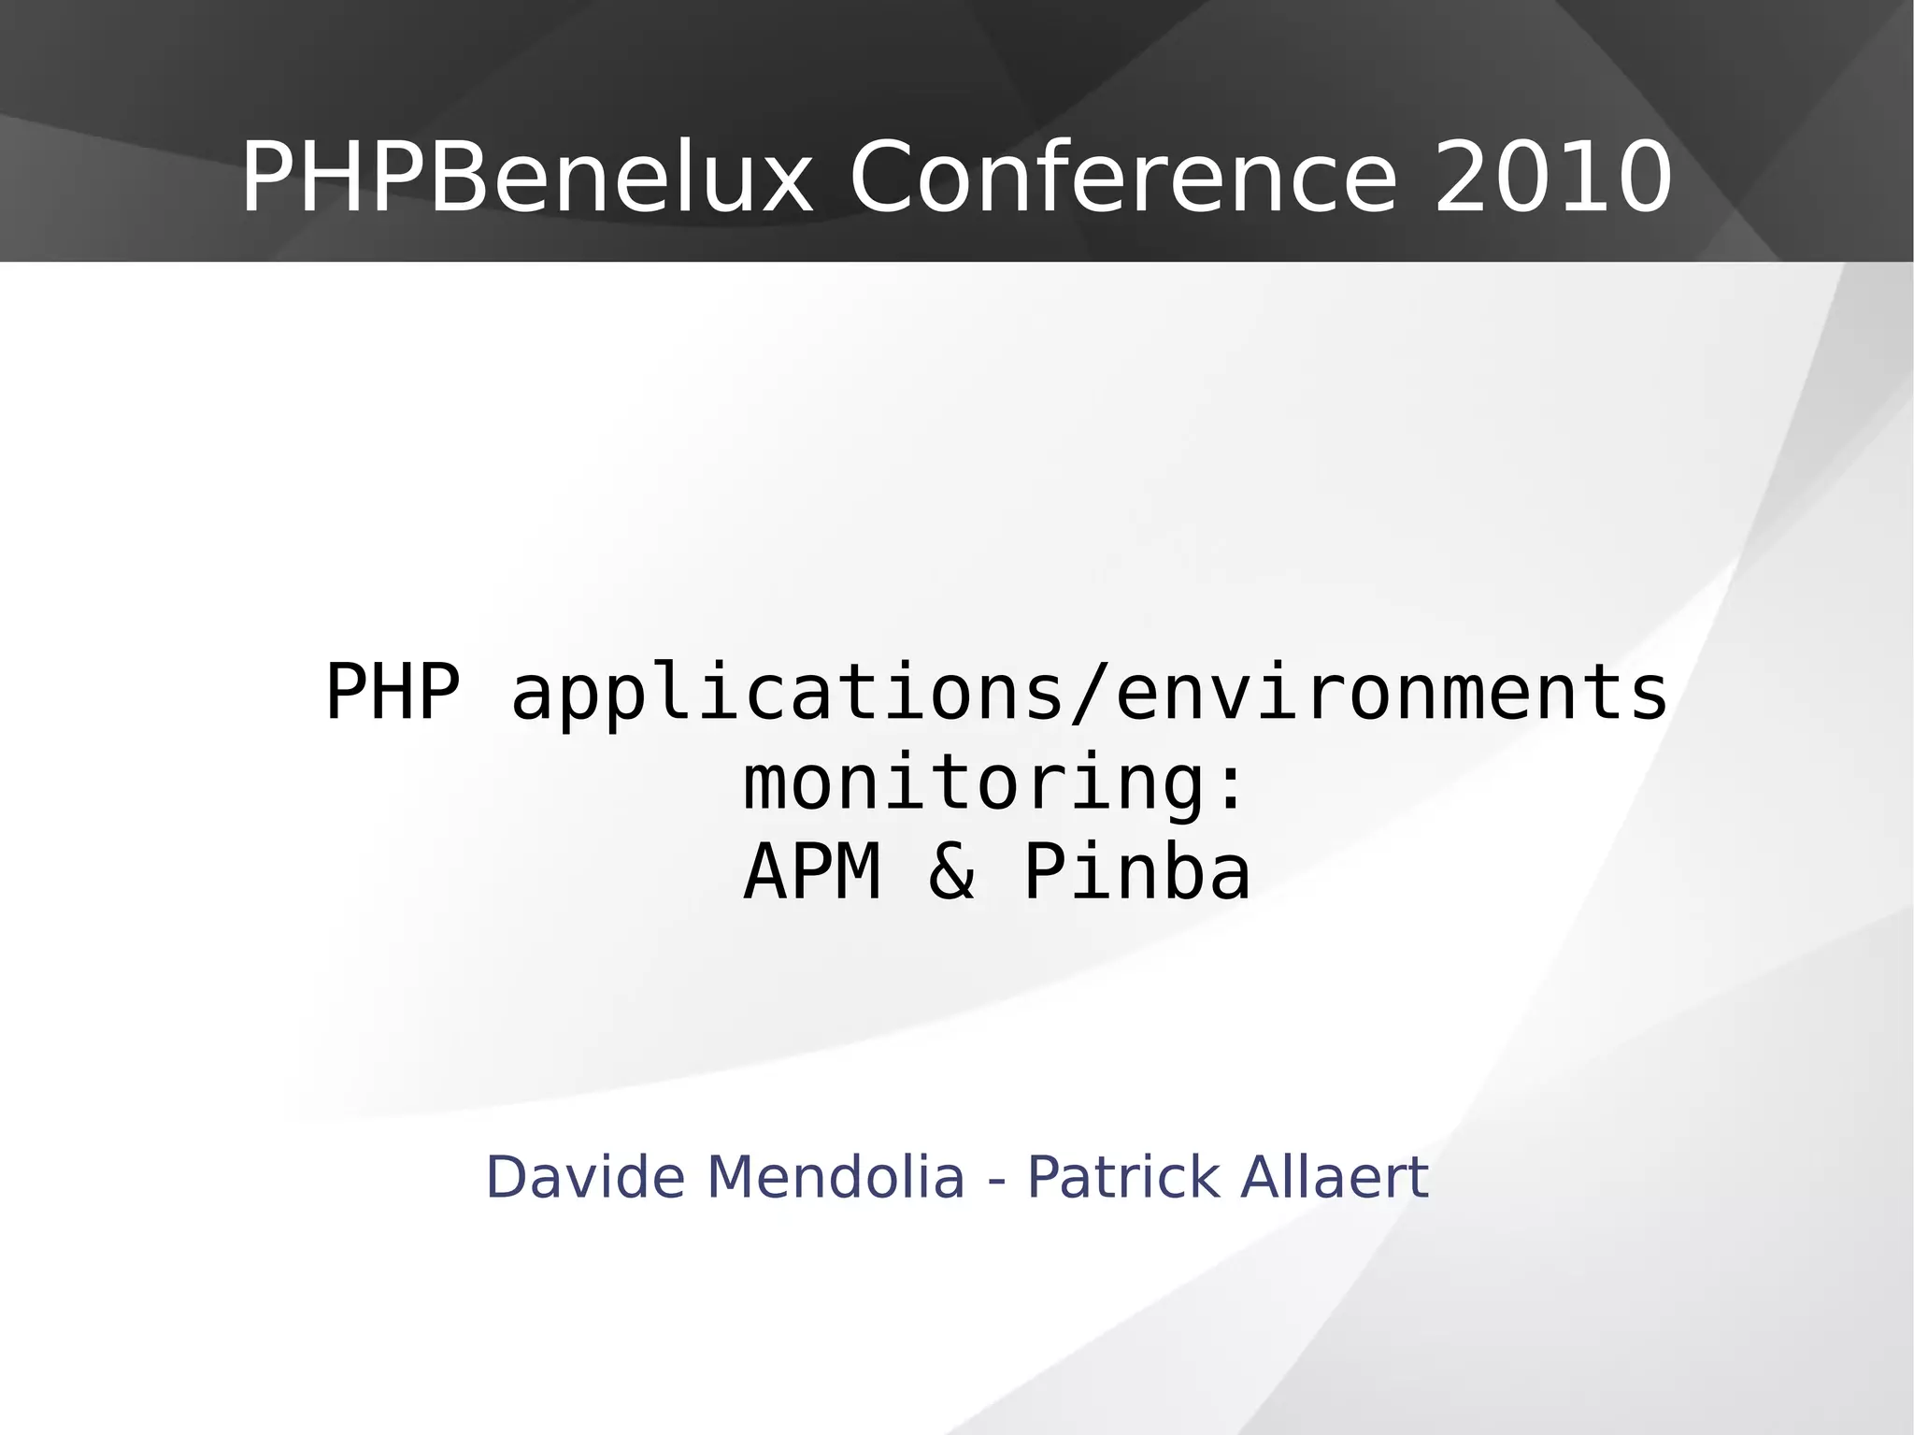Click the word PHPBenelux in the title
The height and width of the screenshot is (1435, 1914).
[x=526, y=178]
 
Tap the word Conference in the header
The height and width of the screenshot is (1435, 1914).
[x=1122, y=178]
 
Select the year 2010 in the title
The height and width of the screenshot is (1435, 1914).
[x=1552, y=178]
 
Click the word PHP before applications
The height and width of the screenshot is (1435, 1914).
[x=393, y=693]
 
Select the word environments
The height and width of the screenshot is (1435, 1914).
[x=1392, y=693]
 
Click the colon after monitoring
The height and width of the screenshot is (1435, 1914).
[x=1231, y=785]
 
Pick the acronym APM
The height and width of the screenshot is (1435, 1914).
[x=812, y=872]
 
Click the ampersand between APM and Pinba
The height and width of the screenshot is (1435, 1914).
[x=951, y=872]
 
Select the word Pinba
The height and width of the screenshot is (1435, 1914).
[x=1137, y=872]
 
